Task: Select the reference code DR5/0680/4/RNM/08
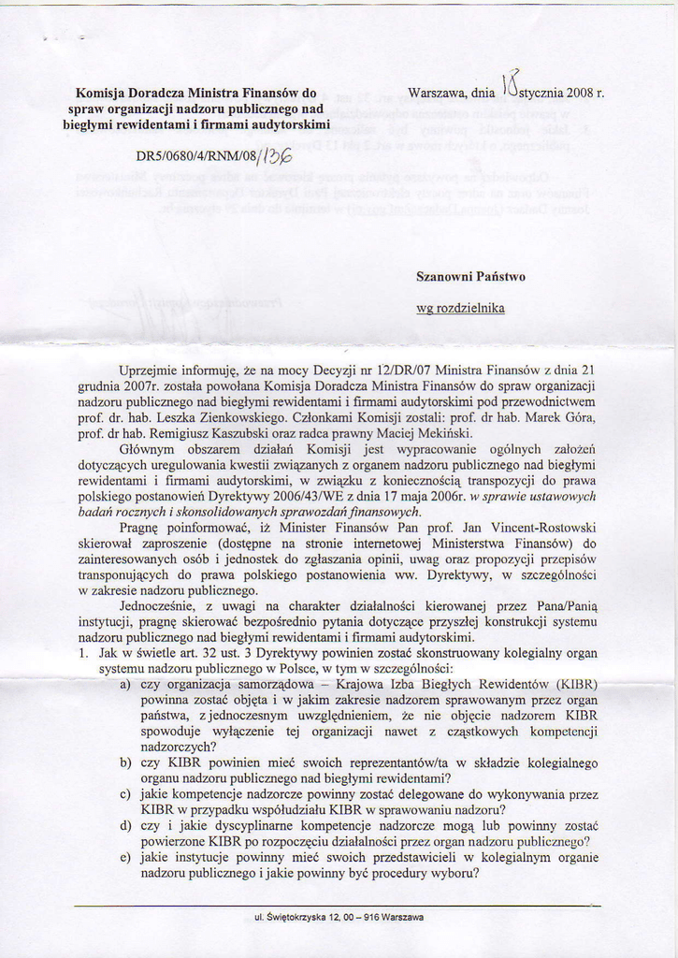[194, 156]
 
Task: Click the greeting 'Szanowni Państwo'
[470, 277]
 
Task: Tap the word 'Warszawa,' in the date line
[439, 94]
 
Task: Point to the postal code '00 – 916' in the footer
[360, 917]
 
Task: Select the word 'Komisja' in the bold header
[99, 94]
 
